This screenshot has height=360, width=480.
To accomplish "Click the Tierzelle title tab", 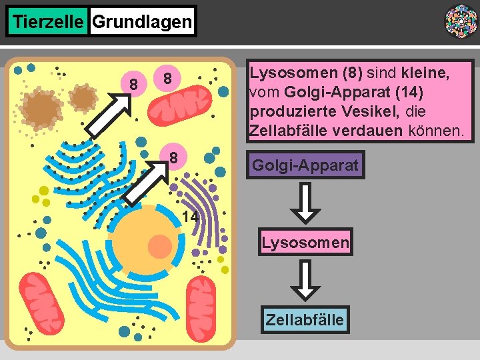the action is [x=48, y=22].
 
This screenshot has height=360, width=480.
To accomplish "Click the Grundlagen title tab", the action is [x=142, y=22].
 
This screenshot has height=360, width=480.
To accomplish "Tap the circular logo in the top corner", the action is [x=461, y=21].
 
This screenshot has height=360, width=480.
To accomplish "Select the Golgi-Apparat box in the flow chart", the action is [x=305, y=165].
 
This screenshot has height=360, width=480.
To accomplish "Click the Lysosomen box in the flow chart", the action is [x=305, y=243].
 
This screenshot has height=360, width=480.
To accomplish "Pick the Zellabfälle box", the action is [x=305, y=319].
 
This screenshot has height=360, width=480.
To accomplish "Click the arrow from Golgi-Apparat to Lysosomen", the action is [x=305, y=203].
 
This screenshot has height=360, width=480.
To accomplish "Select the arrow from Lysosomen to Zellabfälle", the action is [x=305, y=280].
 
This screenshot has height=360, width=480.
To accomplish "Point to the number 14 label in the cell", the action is [x=190, y=217].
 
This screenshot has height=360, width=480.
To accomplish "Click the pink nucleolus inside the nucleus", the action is [x=160, y=246].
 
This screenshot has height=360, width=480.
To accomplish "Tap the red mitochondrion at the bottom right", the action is [x=206, y=309].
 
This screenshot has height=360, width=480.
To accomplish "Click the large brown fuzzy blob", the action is [x=42, y=107].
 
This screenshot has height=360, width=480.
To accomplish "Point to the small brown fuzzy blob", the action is [x=84, y=97].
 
